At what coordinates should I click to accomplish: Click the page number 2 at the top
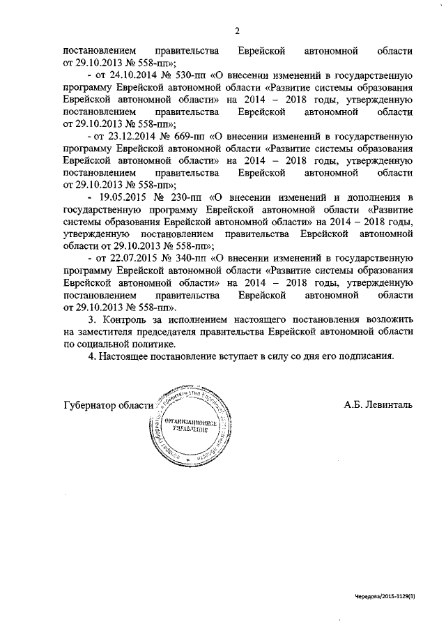pos(237,31)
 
